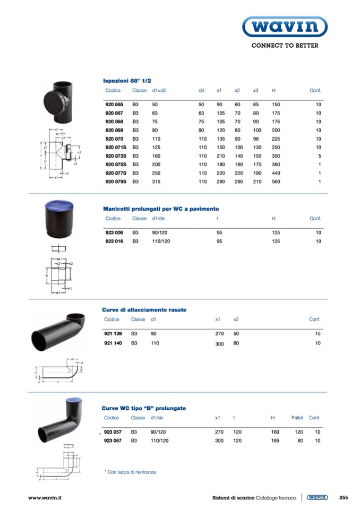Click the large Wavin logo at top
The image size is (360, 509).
(285, 26)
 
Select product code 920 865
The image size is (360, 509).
(114, 105)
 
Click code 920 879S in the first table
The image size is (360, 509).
(116, 182)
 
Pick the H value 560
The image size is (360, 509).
(276, 182)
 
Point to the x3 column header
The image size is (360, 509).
(255, 91)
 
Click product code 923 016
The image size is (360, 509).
(114, 241)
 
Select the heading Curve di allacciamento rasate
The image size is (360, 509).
(144, 309)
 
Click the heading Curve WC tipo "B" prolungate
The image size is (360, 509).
(144, 408)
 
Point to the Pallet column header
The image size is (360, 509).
(297, 418)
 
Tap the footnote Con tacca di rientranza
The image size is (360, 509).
(130, 471)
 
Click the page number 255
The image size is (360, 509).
(343, 497)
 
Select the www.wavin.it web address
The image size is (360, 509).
(45, 497)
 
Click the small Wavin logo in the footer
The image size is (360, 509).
(317, 497)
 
